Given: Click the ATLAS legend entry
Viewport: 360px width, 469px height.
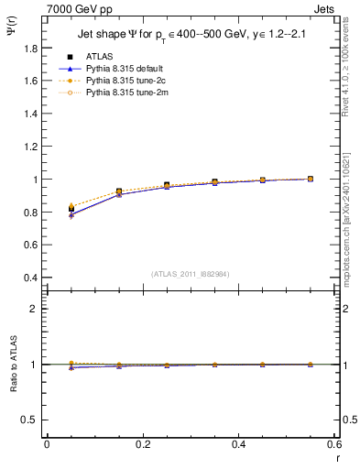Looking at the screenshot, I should click(x=98, y=57).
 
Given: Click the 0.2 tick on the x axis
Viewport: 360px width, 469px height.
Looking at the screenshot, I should click(x=142, y=444).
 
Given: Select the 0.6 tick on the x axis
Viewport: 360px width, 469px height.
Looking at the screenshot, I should click(x=334, y=444).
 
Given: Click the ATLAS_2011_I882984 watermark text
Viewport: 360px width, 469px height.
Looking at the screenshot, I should click(x=191, y=273).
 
